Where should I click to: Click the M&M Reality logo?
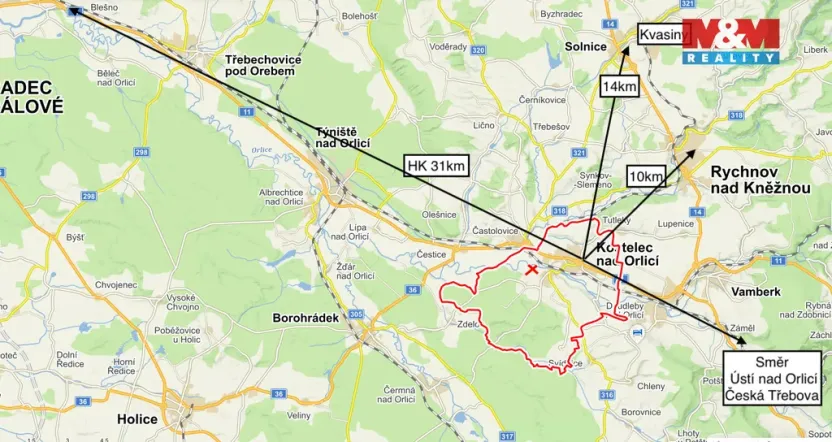click(x=730, y=42)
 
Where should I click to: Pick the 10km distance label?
click(x=645, y=177)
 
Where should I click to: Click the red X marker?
click(x=532, y=269)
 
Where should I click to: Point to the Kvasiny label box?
click(x=664, y=35)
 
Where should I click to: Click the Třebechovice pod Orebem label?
click(x=260, y=66)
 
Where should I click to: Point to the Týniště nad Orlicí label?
click(x=344, y=137)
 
